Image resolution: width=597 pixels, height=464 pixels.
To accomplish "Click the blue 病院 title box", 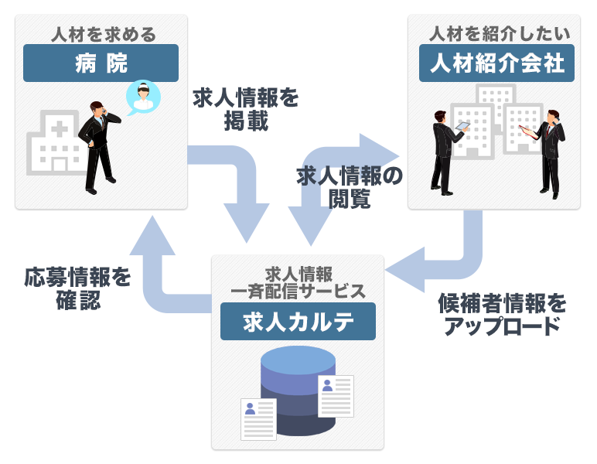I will click(x=101, y=63).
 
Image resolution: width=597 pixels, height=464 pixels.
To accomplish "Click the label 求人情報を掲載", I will click(x=246, y=109).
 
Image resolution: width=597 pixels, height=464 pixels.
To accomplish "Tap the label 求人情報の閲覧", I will click(x=350, y=188).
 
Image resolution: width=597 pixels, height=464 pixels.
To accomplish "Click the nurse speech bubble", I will click(x=142, y=97).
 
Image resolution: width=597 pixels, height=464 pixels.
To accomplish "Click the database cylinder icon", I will click(x=298, y=391).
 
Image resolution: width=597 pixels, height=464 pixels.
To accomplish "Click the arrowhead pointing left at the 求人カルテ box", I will click(x=402, y=268).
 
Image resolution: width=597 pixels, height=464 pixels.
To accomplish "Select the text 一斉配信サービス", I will click(x=298, y=291).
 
